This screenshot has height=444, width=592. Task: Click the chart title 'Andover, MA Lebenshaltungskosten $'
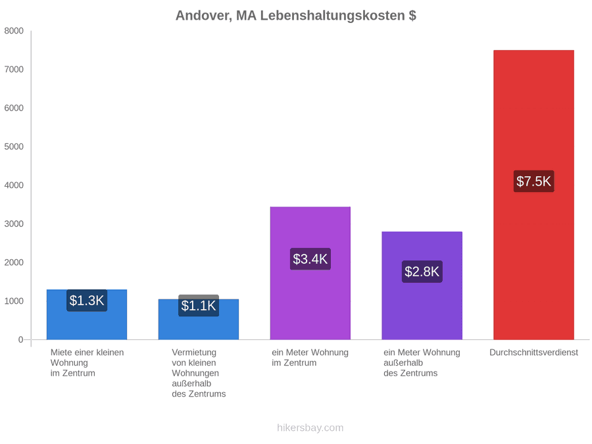pyautogui.click(x=296, y=16)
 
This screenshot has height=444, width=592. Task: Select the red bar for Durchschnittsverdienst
pyautogui.click(x=534, y=195)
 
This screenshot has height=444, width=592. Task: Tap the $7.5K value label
pyautogui.click(x=534, y=182)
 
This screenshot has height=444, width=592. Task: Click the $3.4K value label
pyautogui.click(x=310, y=259)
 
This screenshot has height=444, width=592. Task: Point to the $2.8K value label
pyautogui.click(x=422, y=272)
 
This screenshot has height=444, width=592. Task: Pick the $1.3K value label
pyautogui.click(x=87, y=301)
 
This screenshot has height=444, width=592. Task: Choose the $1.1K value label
pyautogui.click(x=199, y=305)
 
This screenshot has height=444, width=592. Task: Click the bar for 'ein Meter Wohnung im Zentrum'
pyautogui.click(x=310, y=274)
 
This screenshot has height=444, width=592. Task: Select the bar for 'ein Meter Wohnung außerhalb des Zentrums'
pyautogui.click(x=422, y=286)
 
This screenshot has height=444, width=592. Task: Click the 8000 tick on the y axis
pyautogui.click(x=14, y=31)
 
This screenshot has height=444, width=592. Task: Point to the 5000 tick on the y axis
pyautogui.click(x=14, y=147)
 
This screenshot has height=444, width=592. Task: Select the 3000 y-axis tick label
pyautogui.click(x=14, y=224)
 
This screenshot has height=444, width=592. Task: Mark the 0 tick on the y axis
pyautogui.click(x=21, y=340)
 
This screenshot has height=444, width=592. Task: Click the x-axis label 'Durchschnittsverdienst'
pyautogui.click(x=534, y=353)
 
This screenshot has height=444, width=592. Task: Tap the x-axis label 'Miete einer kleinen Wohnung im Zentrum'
pyautogui.click(x=87, y=363)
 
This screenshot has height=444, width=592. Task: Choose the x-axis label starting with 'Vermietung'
pyautogui.click(x=199, y=373)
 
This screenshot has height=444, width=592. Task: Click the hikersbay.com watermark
pyautogui.click(x=310, y=428)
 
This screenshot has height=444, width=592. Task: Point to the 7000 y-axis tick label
pyautogui.click(x=14, y=70)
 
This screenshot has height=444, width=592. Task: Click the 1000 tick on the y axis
pyautogui.click(x=14, y=301)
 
